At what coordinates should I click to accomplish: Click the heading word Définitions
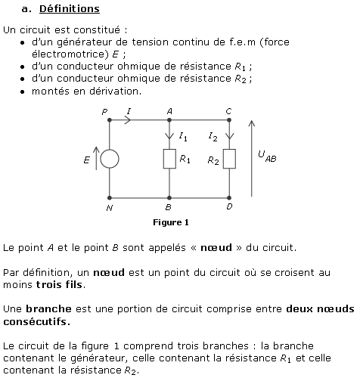click(x=70, y=9)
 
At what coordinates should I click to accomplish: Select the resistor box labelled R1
click(x=169, y=159)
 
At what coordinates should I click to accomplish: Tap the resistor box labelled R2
click(x=229, y=159)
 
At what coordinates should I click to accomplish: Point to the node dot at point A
click(x=169, y=120)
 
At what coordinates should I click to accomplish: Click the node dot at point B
click(x=169, y=198)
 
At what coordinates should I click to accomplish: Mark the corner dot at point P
click(x=110, y=120)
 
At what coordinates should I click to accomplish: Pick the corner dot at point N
click(x=110, y=198)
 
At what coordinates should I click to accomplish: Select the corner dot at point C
click(x=229, y=120)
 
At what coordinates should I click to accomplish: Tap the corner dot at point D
click(x=229, y=198)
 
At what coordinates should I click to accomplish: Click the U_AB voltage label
click(x=267, y=156)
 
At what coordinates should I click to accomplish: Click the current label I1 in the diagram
click(x=183, y=137)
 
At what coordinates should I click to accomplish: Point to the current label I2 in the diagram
click(x=213, y=137)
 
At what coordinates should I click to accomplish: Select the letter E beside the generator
click(x=87, y=160)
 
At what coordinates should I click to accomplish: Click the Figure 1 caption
click(x=171, y=222)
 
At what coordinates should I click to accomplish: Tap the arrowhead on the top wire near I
click(x=128, y=120)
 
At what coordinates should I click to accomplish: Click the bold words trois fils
click(x=60, y=285)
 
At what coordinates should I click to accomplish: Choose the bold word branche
click(x=48, y=309)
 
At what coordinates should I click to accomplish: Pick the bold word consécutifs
click(x=37, y=321)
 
